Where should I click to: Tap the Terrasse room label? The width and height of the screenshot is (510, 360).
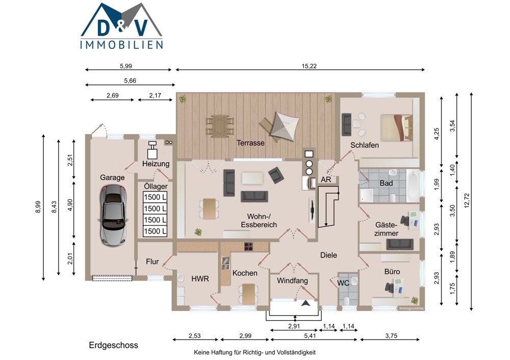250,143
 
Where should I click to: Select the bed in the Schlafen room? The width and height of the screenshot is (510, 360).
397,127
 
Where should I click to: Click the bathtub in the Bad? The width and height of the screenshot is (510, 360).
413,186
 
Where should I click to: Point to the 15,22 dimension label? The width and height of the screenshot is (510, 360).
309,66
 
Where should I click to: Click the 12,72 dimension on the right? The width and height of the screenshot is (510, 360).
467,200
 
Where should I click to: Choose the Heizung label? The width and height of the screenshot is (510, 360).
156,164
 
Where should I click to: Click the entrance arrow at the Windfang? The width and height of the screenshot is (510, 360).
305,303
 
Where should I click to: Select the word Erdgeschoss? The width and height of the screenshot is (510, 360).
114,345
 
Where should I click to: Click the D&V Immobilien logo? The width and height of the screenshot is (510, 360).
122,26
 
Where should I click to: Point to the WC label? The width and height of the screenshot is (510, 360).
343,283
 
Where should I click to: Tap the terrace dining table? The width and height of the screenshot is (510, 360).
220,126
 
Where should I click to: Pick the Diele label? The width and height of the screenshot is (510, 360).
328,255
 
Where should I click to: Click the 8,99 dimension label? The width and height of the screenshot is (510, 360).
38,207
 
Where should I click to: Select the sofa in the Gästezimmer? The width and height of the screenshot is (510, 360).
400,244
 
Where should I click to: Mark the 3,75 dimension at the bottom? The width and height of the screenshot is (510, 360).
391,336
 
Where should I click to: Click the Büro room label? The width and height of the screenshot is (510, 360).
392,272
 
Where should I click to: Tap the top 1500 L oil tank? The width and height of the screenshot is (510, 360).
155,197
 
